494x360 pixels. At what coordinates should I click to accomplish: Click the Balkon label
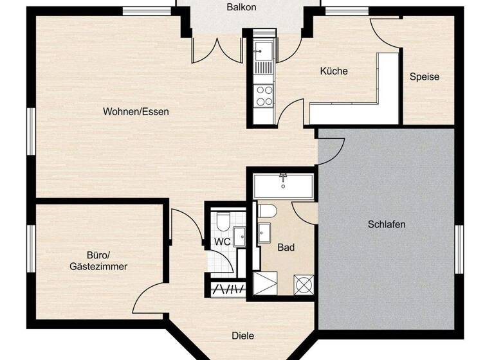241,7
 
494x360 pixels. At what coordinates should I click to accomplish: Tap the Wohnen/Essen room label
136,111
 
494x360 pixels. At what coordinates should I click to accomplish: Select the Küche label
334,71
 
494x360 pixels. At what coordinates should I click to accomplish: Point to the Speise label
425,76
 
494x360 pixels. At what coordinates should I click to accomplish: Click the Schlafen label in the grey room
387,224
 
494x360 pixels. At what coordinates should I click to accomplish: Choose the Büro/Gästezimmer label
98,260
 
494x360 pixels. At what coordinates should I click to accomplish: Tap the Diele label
242,335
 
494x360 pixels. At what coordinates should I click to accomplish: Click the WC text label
222,241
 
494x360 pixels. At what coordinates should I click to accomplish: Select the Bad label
286,247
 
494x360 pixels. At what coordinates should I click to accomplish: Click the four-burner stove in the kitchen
264,96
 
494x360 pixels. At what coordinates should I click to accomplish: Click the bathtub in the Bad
282,185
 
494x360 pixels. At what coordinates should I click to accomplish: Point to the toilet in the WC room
222,221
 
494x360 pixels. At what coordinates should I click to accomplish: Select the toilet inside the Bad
266,210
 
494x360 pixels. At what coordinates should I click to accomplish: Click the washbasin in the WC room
239,236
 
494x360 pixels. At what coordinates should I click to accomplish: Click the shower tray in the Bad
267,283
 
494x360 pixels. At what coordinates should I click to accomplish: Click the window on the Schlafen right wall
459,249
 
